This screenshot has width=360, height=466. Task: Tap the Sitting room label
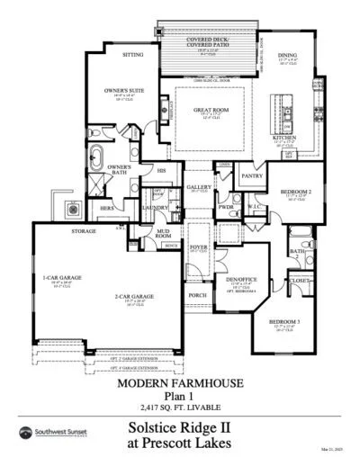point(132,55)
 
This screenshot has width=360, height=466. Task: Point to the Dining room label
point(288,56)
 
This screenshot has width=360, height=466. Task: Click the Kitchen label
point(283,138)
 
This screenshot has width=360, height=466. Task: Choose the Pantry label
point(251,176)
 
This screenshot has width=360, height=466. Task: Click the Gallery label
point(198,186)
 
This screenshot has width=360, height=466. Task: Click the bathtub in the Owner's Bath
point(97,159)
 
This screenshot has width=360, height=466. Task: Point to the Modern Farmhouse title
point(180,382)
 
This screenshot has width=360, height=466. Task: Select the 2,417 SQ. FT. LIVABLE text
point(180,404)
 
